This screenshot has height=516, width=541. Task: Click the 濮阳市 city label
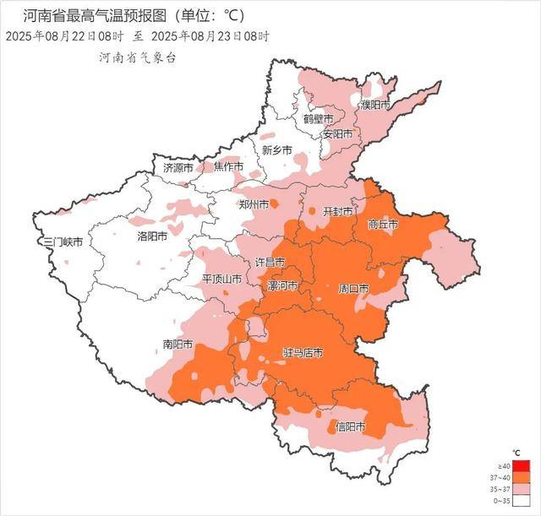375,106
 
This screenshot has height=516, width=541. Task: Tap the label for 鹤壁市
320,119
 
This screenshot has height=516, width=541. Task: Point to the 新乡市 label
276,150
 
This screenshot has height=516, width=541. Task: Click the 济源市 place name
178,168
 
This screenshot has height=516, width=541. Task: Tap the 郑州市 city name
254,204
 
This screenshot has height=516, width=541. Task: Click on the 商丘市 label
383,225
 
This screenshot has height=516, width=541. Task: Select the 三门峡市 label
63,242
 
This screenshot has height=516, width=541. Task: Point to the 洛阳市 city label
153,236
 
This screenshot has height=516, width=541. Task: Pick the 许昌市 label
270,263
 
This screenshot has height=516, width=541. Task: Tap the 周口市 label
352,289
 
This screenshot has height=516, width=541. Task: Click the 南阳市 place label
178,345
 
